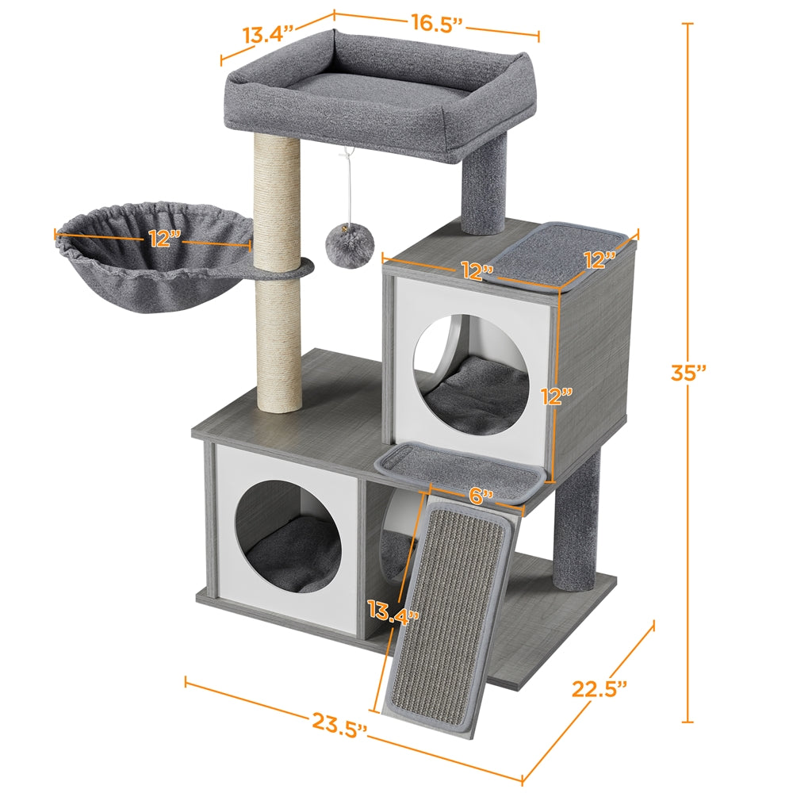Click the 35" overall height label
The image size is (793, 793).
click(x=686, y=372)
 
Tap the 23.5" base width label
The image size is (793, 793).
click(x=339, y=722)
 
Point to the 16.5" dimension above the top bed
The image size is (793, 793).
click(x=435, y=24)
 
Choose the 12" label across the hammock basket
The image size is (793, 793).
click(x=164, y=238)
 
